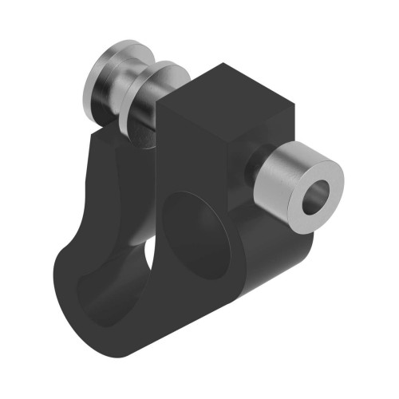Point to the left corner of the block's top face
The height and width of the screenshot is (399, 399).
click(x=167, y=101)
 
